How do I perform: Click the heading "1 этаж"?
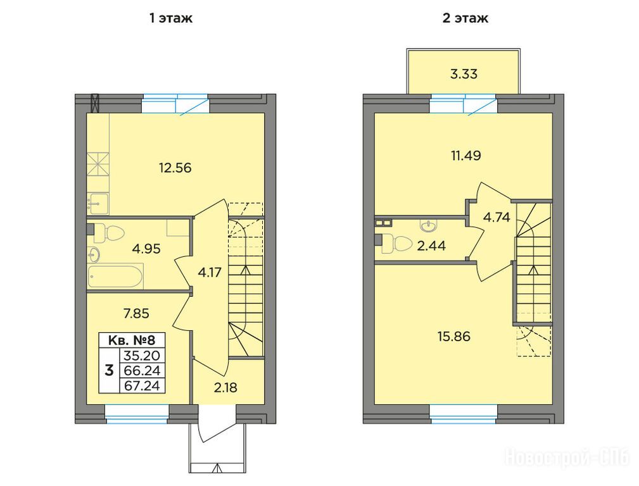171,18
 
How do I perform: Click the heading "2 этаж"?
465,18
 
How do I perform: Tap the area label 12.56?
175,168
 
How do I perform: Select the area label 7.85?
136,313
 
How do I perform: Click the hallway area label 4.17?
210,272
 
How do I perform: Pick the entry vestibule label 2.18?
225,387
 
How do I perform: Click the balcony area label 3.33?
464,74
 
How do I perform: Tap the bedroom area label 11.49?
466,155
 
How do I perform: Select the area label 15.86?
454,337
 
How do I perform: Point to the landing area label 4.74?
497,218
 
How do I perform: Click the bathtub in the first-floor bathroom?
115,276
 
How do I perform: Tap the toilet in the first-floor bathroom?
111,233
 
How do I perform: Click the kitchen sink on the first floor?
98,203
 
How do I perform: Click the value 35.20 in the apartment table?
142,356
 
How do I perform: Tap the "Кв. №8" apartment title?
132,340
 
